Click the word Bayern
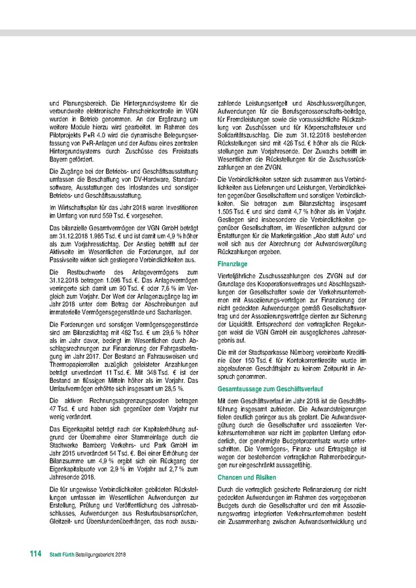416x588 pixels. (62, 157)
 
